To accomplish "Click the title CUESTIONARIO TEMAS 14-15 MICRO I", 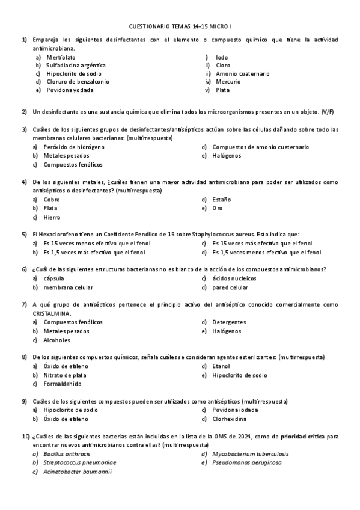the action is [180, 26].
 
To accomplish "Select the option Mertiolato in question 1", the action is [61, 57].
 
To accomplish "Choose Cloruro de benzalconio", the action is [78, 82].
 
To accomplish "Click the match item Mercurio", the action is [228, 82].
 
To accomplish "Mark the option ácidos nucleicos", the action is [234, 278].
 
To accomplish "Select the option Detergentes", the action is [229, 322].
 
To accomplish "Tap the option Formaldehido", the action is [63, 384].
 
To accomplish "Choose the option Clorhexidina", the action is [231, 419].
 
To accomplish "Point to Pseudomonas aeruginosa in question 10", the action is [246, 463].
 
